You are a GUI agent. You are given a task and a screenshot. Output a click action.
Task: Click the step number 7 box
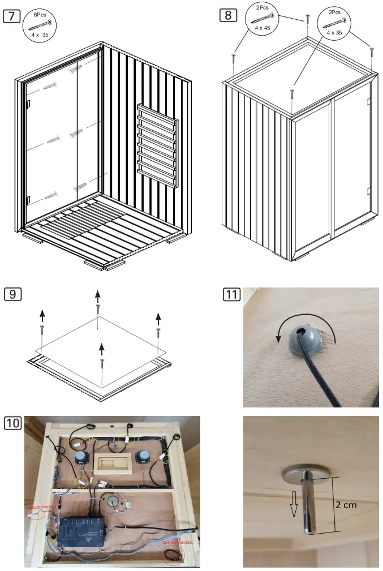tap(12, 15)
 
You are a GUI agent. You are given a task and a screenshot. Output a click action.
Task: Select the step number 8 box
tap(228, 15)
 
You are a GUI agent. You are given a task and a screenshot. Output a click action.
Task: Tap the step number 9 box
tap(12, 294)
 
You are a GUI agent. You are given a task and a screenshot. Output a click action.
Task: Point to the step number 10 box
tap(12, 423)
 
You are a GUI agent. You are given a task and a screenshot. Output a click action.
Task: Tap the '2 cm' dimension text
tap(346, 505)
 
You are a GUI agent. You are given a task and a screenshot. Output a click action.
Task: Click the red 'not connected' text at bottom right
tap(177, 542)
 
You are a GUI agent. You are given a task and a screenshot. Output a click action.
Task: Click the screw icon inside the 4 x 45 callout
tap(263, 18)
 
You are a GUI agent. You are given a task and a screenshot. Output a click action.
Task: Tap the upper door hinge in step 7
tap(27, 104)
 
